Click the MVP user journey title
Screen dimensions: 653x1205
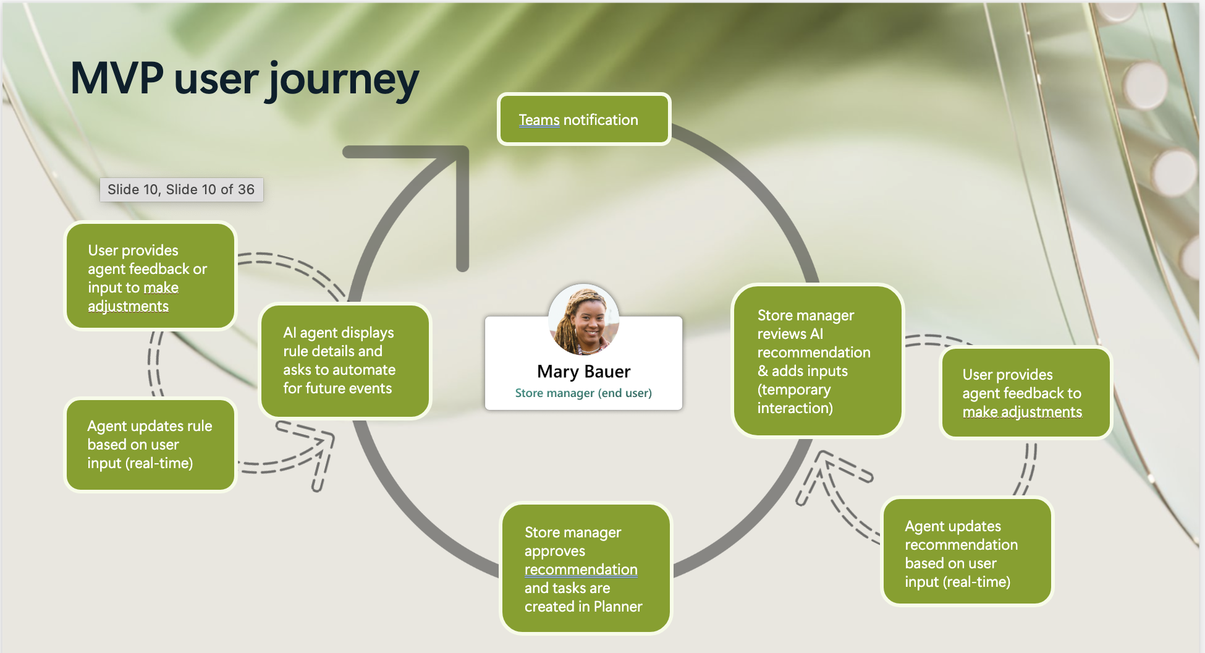(x=245, y=79)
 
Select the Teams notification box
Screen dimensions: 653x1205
(x=584, y=119)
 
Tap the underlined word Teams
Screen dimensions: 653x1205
(x=539, y=120)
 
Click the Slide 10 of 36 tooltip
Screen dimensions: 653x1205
(x=181, y=190)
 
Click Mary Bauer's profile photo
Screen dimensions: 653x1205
(x=583, y=319)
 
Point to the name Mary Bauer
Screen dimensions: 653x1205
(x=583, y=371)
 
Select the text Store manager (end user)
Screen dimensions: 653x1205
(x=583, y=393)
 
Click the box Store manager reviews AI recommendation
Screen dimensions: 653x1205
(x=817, y=361)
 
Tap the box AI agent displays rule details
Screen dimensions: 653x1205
(x=345, y=361)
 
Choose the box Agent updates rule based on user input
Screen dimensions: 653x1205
(x=150, y=445)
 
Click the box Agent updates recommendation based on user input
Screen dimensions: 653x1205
(x=966, y=553)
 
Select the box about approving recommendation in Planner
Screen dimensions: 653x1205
(x=585, y=569)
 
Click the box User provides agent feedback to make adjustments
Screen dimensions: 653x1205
(x=1025, y=393)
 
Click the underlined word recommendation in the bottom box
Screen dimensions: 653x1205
(x=581, y=570)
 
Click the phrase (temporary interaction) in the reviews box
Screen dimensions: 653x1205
(x=795, y=399)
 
